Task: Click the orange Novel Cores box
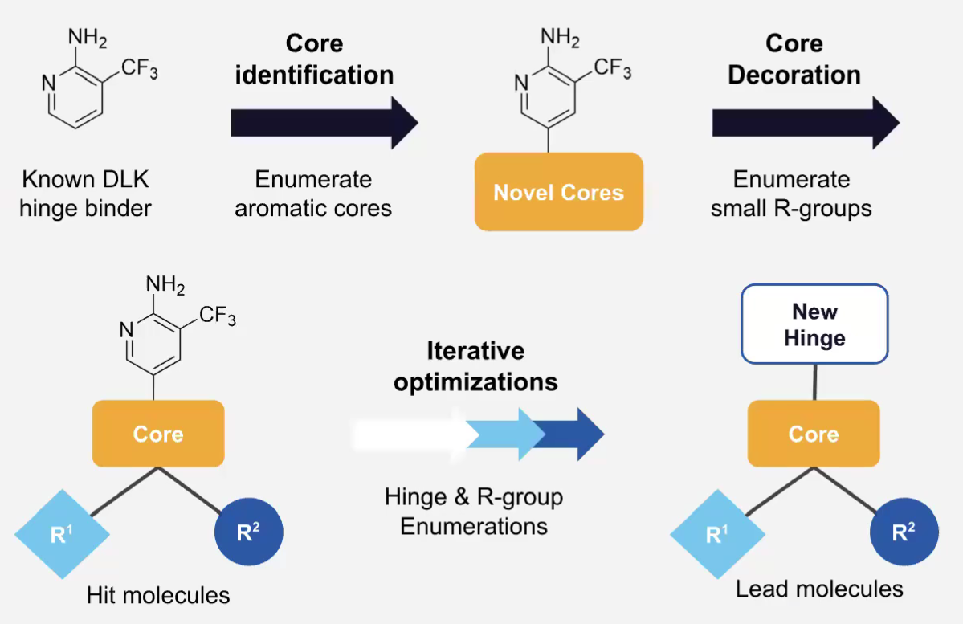[558, 192]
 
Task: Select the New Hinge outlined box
[814, 324]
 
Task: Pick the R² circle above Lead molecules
[904, 532]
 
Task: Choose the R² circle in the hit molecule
[248, 532]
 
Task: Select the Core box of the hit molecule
[157, 434]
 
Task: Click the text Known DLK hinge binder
[86, 194]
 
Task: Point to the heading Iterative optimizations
[475, 366]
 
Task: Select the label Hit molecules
[158, 595]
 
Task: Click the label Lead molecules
[819, 589]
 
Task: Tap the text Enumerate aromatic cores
[313, 194]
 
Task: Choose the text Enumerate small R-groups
[791, 194]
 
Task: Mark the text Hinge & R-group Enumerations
[474, 512]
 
